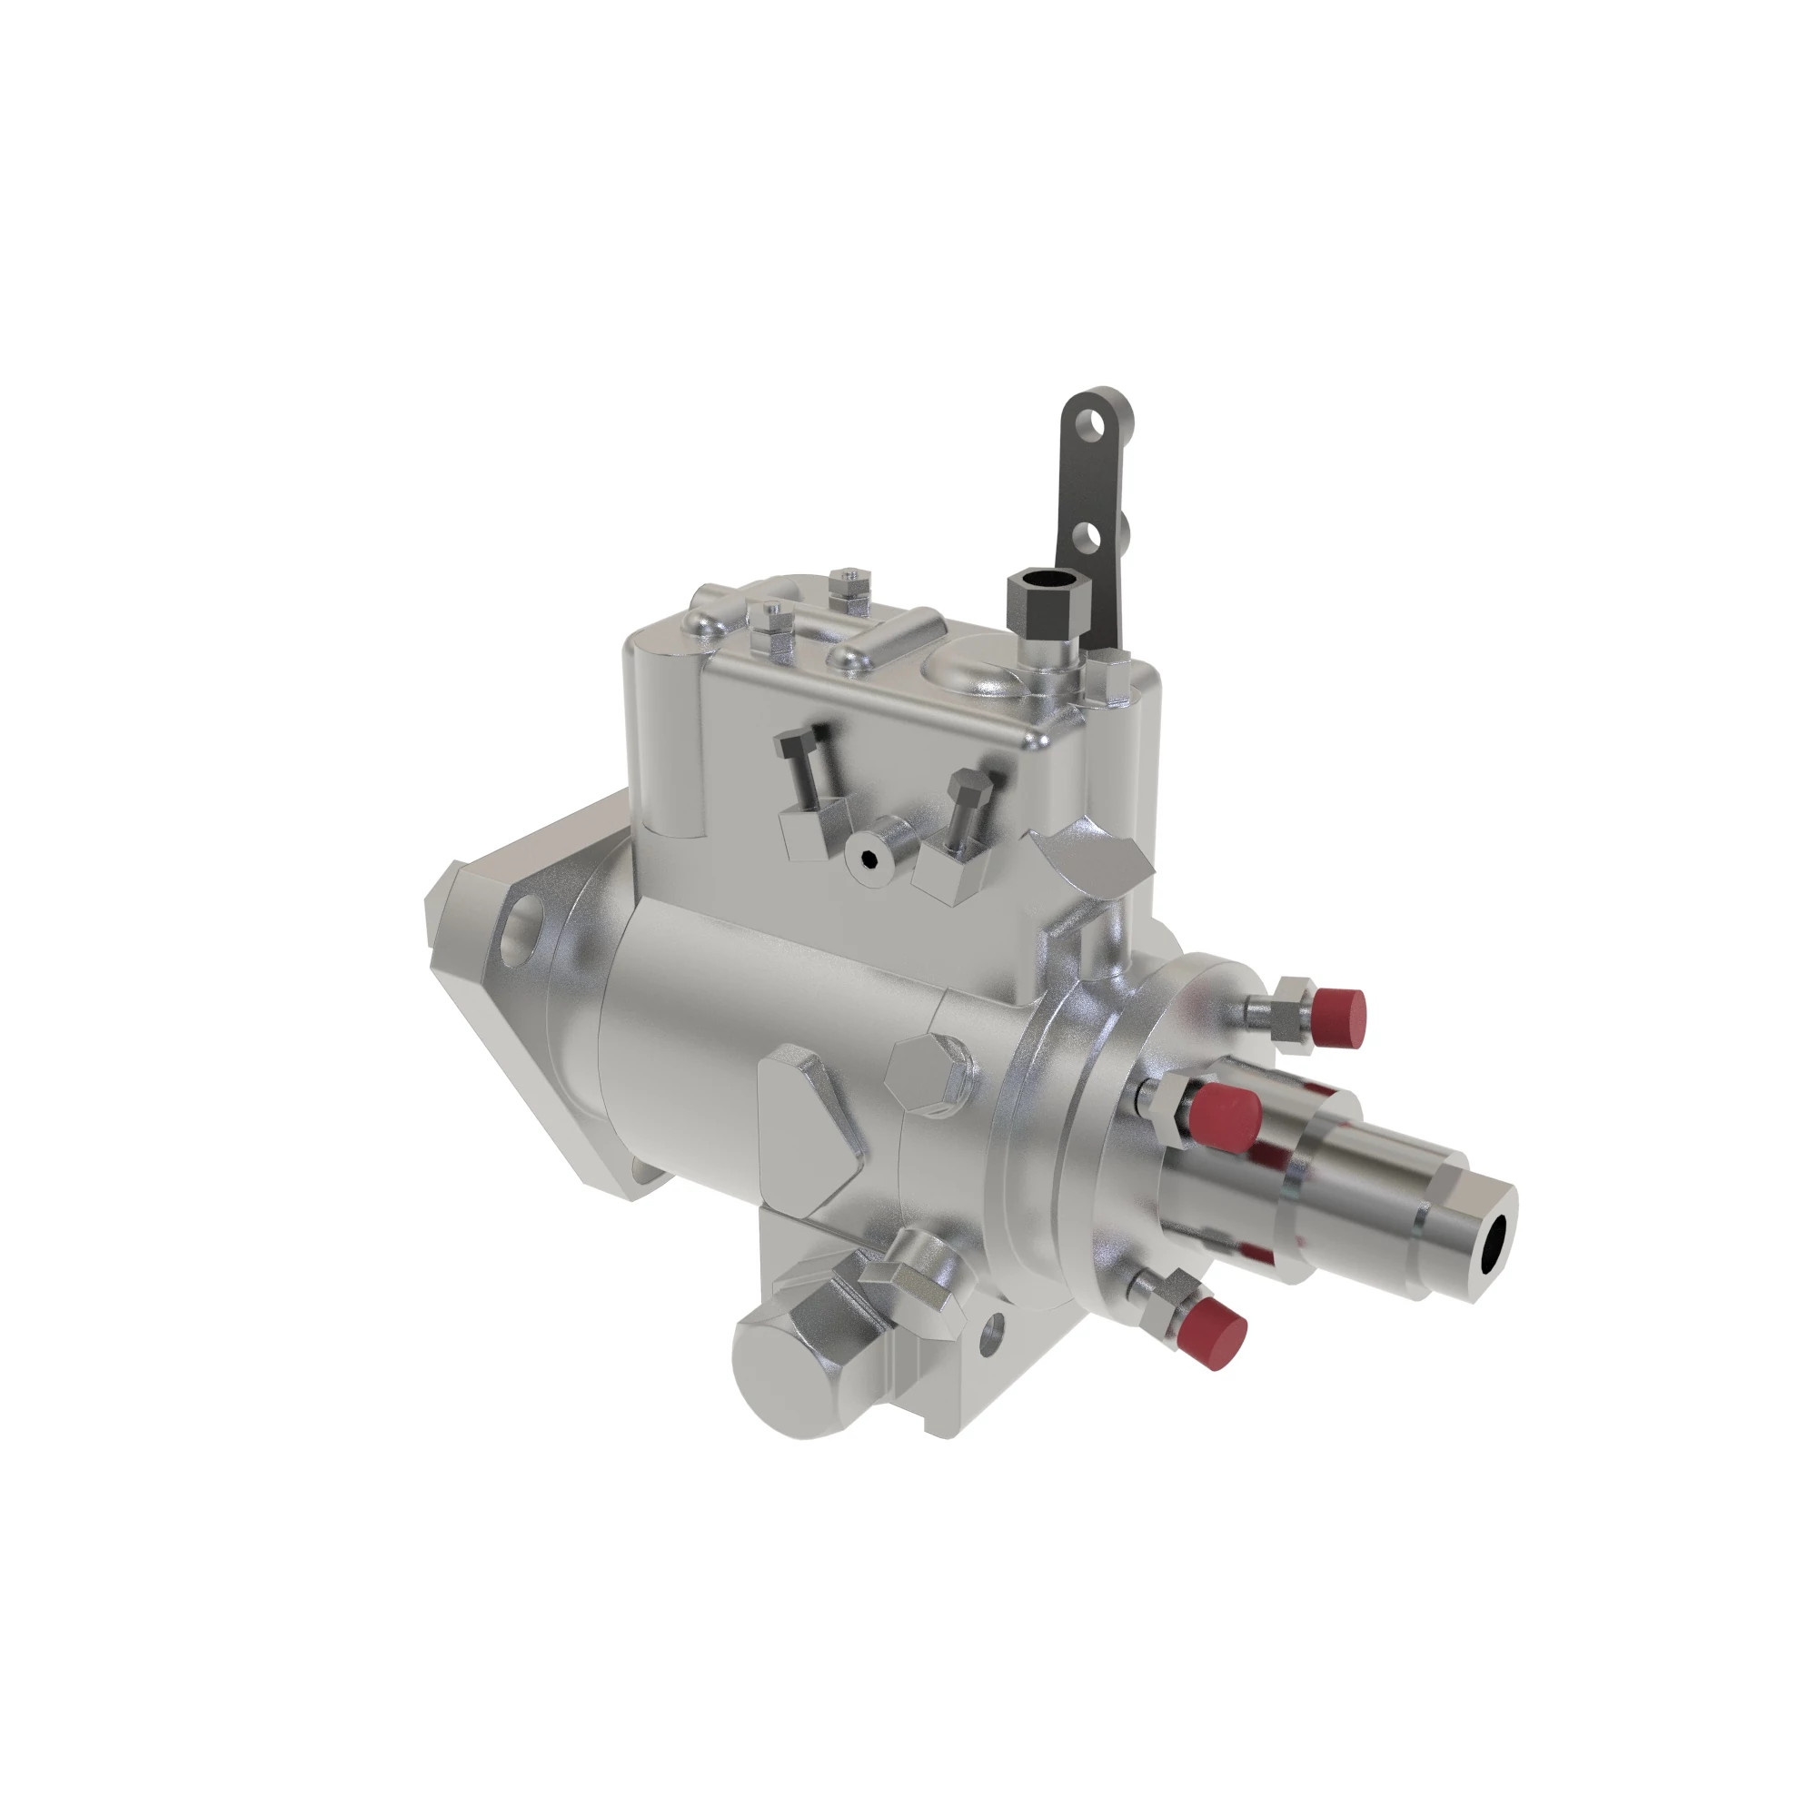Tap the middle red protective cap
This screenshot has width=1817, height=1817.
(x=1226, y=1116)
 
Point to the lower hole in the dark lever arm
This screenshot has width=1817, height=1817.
(x=1089, y=538)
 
